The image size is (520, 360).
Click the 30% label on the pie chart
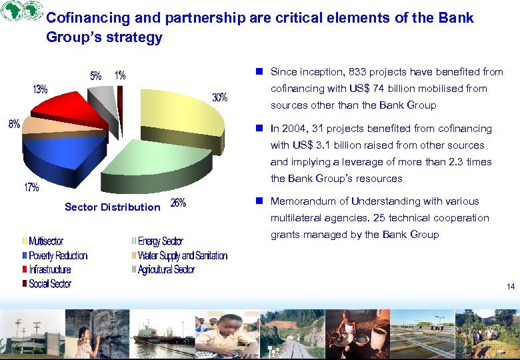click(220, 98)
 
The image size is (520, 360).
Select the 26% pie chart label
click(179, 203)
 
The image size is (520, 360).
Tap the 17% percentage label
click(31, 188)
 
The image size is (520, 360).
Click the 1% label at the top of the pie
click(120, 76)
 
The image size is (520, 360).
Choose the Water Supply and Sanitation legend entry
click(182, 256)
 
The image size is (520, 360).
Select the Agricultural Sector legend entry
click(166, 270)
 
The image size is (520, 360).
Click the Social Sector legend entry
click(49, 284)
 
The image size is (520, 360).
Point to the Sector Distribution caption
click(112, 207)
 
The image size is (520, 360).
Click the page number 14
click(511, 287)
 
